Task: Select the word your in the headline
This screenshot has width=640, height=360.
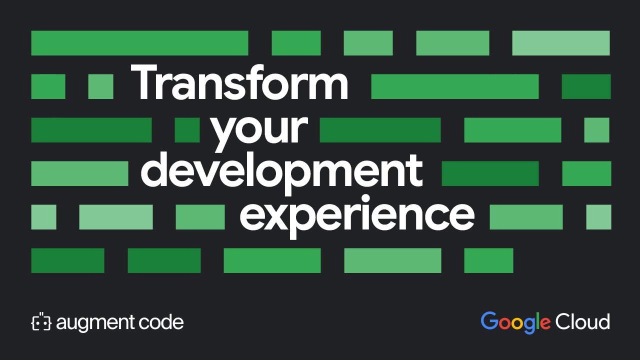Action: click(x=259, y=129)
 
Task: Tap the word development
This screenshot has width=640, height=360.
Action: click(x=281, y=170)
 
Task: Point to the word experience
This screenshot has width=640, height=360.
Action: click(x=356, y=214)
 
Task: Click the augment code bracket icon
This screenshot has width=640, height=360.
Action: click(x=41, y=322)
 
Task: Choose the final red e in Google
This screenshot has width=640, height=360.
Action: click(x=545, y=323)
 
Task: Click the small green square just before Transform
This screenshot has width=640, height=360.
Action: click(x=100, y=86)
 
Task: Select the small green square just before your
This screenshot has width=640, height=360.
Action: click(x=187, y=130)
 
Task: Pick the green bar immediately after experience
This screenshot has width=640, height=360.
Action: click(x=526, y=217)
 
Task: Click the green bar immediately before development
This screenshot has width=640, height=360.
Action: click(x=79, y=173)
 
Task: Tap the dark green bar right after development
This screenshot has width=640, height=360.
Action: click(x=490, y=173)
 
